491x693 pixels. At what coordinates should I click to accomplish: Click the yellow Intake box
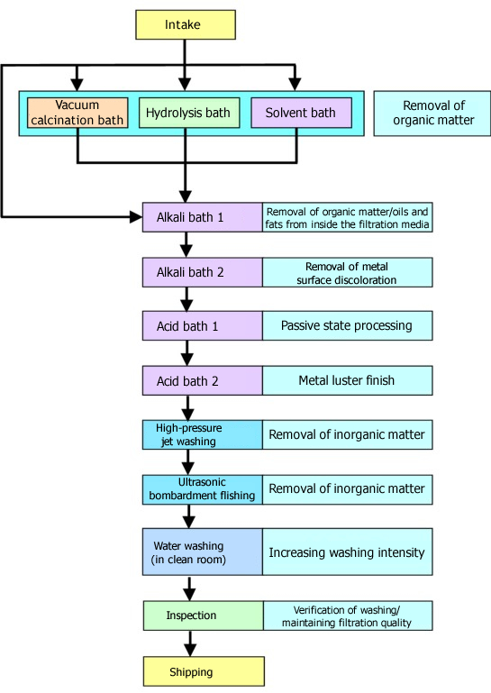(186, 24)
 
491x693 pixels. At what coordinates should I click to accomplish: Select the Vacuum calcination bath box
(77, 113)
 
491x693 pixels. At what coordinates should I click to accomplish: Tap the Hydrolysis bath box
(189, 113)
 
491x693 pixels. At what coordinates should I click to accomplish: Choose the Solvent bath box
(302, 113)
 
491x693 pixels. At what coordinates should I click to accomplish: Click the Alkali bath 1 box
(203, 217)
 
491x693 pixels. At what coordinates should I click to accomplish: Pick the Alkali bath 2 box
(203, 272)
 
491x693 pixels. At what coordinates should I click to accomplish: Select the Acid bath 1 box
(203, 325)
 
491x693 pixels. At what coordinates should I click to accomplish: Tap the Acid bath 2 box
(203, 380)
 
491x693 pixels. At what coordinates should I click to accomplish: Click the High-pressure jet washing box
(203, 434)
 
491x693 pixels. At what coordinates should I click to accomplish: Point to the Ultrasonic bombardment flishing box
(203, 489)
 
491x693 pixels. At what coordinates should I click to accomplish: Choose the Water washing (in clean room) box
(203, 552)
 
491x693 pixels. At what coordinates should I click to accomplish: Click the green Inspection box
(204, 615)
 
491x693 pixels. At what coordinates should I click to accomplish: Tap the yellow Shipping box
(204, 671)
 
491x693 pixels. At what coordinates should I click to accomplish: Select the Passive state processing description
(348, 325)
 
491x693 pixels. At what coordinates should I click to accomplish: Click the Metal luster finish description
(348, 380)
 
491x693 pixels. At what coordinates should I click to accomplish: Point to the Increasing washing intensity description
(348, 552)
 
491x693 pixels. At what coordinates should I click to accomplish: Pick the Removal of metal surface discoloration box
(348, 272)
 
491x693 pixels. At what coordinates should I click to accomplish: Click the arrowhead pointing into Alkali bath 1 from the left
(136, 217)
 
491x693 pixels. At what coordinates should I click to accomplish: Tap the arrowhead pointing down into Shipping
(190, 650)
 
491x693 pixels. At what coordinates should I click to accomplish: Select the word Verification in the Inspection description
(319, 610)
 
